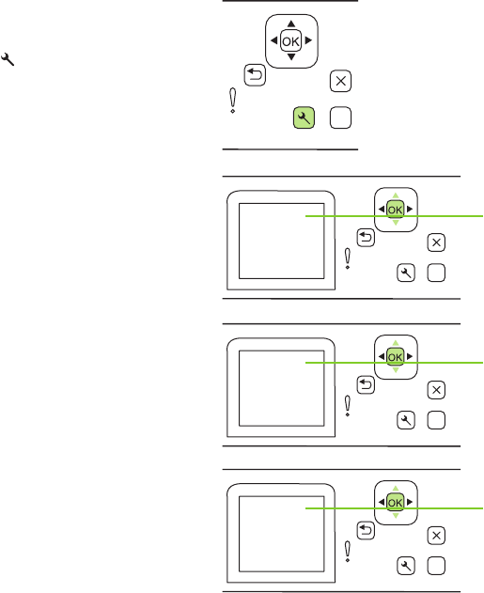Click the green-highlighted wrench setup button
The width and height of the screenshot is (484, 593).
point(304,117)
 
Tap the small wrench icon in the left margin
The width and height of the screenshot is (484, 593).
point(8,59)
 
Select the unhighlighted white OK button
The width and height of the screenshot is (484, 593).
point(290,40)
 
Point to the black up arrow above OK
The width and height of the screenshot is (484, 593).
point(290,23)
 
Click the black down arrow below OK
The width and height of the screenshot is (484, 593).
point(290,57)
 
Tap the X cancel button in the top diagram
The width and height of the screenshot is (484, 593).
point(341,81)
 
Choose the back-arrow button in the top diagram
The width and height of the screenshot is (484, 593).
point(255,75)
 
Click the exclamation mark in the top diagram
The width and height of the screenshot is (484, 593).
point(233,101)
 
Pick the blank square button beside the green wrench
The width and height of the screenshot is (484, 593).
point(341,117)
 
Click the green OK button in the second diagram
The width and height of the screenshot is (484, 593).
point(396,210)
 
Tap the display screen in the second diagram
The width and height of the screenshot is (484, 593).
point(282,241)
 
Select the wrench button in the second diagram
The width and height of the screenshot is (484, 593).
point(406,273)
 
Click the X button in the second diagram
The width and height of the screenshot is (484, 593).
point(436,242)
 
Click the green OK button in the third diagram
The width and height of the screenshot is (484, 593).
point(396,356)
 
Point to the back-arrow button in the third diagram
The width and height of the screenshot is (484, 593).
point(366,384)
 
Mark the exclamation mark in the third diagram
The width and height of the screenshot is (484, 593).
point(348,406)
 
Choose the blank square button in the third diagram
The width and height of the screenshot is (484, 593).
point(436,420)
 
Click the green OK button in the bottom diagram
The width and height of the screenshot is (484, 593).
point(396,502)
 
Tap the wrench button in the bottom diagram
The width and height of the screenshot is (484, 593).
point(406,566)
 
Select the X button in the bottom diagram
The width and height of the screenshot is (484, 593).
point(436,536)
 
